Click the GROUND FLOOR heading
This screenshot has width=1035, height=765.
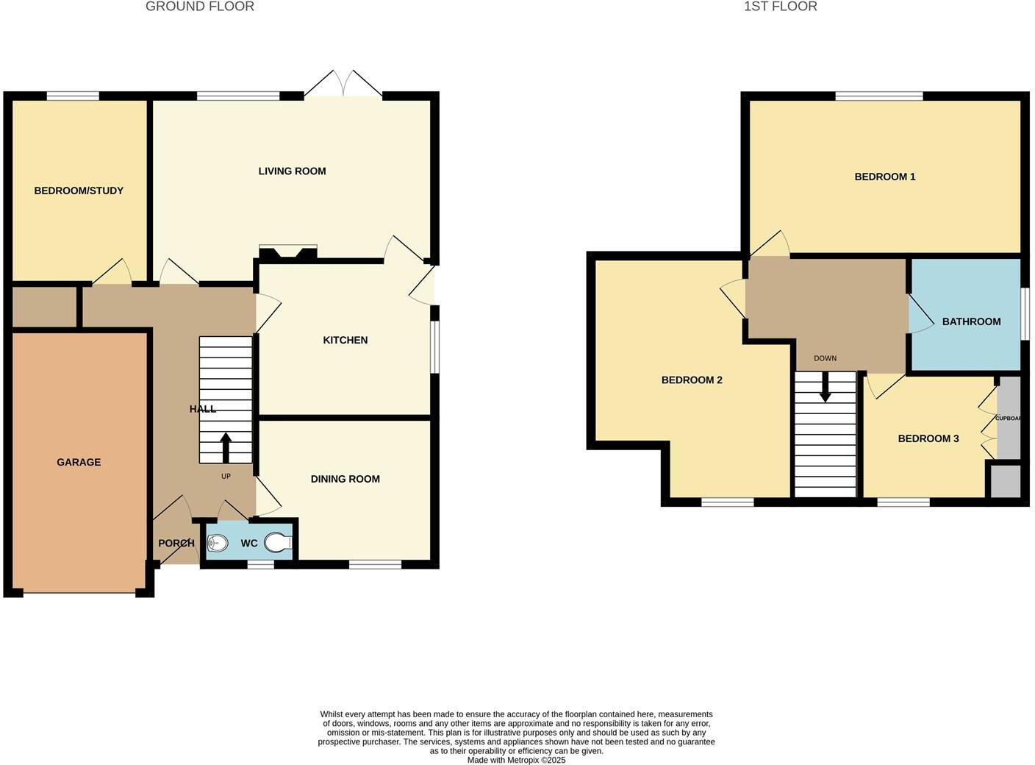point(200,7)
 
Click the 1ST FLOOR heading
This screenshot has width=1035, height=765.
point(780,7)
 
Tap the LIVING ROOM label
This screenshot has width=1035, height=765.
point(292,171)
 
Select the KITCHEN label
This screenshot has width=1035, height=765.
point(345,341)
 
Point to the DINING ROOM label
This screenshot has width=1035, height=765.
point(345,480)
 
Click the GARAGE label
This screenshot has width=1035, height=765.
point(79,463)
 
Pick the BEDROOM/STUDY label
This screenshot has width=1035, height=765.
point(79,191)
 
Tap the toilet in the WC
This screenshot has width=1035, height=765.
point(279,544)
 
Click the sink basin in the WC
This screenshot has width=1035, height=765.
point(217,544)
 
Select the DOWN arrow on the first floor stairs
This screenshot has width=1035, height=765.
point(825,387)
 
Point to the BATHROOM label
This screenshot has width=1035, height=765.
point(971,322)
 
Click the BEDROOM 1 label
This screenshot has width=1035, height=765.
point(884,177)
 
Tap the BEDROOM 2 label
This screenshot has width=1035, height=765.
point(691,380)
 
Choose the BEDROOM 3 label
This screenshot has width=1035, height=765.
point(928,439)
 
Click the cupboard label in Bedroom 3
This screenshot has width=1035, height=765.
point(1009,419)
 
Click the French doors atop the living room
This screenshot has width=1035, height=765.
point(343,84)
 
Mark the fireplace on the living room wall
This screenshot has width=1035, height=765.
point(287,252)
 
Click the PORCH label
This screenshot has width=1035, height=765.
point(176,544)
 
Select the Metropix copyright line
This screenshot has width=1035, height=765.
point(516,761)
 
